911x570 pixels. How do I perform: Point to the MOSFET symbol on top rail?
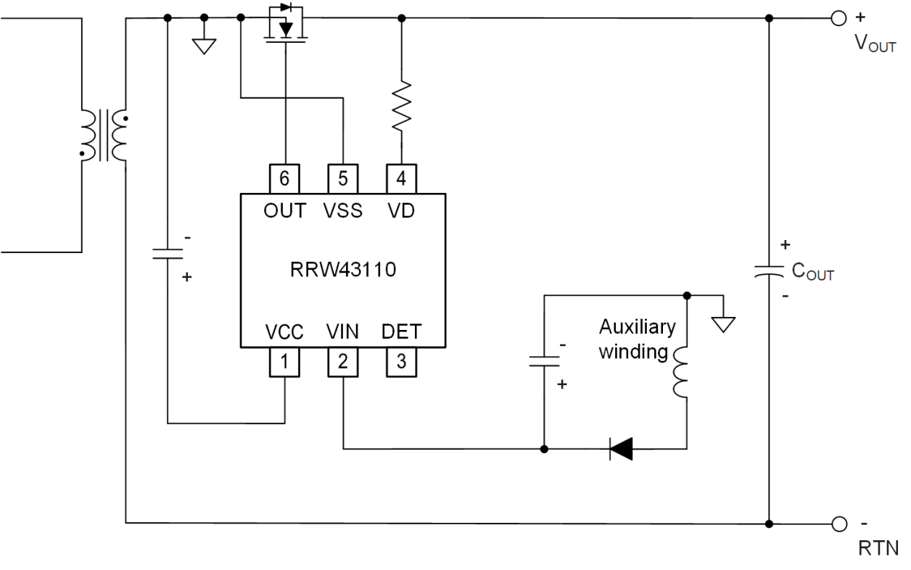[x=285, y=25]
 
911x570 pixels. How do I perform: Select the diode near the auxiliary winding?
[x=621, y=449]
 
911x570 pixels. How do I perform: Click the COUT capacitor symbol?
[x=769, y=270]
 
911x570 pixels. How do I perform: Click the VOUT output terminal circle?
[x=839, y=19]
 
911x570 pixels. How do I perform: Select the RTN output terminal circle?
[x=839, y=522]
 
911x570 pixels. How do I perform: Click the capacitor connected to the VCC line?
[x=168, y=253]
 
